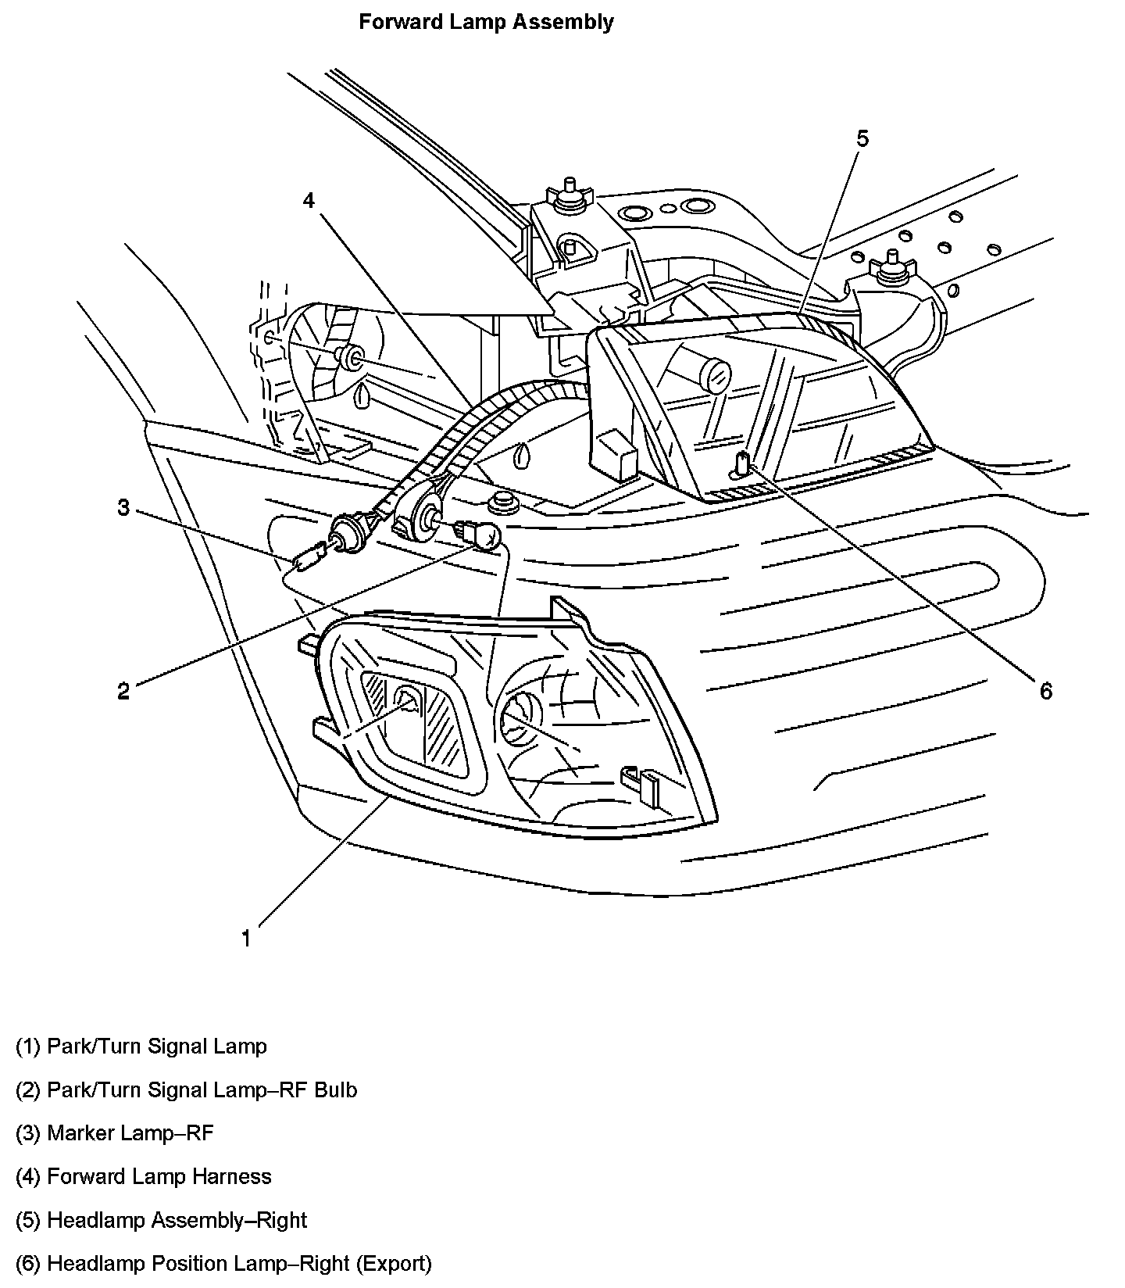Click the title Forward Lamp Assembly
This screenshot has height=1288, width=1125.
[486, 22]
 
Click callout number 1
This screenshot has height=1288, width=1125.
[246, 939]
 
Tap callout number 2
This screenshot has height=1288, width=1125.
[123, 691]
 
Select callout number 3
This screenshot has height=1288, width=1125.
[123, 507]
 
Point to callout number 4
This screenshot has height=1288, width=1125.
[309, 201]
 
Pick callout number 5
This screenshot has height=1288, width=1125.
[862, 138]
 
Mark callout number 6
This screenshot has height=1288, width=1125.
[1045, 690]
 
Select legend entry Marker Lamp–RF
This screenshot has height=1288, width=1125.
[114, 1132]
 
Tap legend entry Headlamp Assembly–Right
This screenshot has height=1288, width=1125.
[161, 1220]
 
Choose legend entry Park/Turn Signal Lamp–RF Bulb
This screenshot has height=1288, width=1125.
[186, 1089]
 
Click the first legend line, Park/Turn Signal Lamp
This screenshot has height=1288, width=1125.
[141, 1046]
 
